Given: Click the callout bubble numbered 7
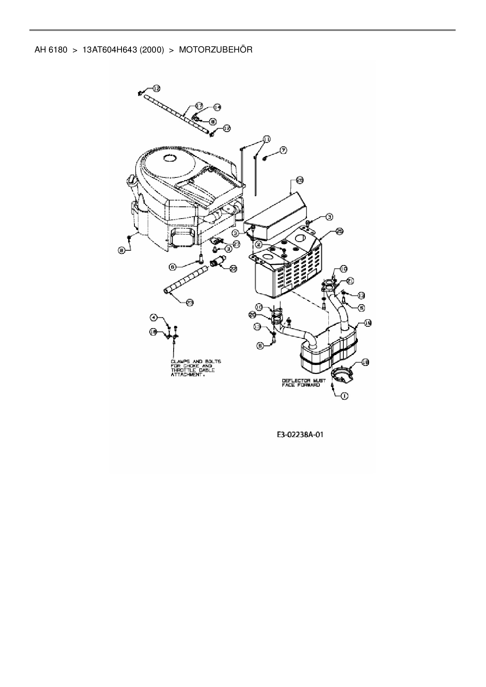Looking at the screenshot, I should (283, 150).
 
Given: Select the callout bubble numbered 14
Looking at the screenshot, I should (217, 107).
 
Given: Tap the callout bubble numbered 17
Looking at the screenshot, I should (199, 105).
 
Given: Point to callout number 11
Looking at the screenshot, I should (266, 139).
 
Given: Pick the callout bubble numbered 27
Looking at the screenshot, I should (236, 243).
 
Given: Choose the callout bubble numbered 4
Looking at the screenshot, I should (154, 316).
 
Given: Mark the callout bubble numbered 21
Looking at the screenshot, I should (350, 280).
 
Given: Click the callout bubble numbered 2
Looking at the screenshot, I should (259, 244).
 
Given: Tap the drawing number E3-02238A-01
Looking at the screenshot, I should (300, 434).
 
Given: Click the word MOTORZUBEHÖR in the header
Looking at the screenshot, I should (216, 50).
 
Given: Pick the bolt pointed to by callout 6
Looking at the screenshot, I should (201, 258).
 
